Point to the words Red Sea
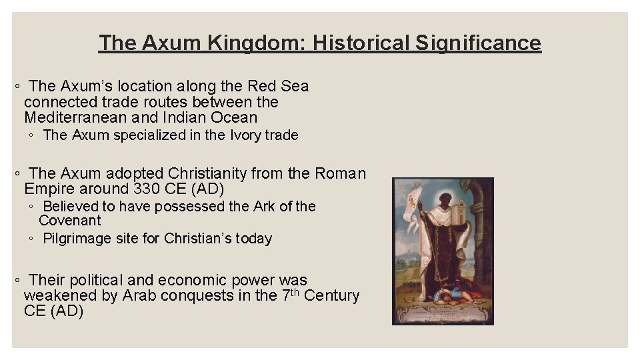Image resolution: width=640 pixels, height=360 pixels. (x=278, y=86)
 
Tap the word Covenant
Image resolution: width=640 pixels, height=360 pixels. (x=70, y=221)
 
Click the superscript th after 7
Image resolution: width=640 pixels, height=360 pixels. (x=294, y=291)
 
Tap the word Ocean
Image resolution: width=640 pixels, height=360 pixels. (x=234, y=118)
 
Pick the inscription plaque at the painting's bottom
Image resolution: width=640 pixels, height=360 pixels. (x=443, y=314)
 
